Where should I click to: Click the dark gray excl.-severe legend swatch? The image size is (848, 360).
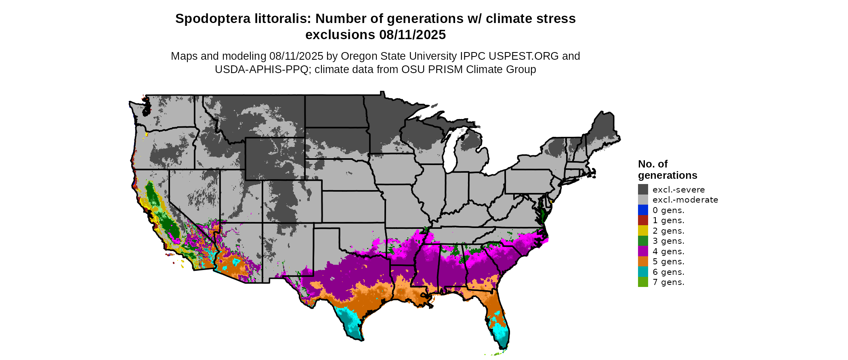coord(643,189)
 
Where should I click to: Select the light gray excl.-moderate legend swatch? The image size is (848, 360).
coord(643,200)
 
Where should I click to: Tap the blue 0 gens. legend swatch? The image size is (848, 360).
coord(643,210)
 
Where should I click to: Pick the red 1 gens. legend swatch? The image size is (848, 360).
coord(643,220)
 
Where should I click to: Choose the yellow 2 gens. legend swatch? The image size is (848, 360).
coord(643,230)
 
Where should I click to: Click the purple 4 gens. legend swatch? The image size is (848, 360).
coord(643,251)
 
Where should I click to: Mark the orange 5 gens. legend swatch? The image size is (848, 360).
coord(643,262)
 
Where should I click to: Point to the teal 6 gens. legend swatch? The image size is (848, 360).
coord(643,272)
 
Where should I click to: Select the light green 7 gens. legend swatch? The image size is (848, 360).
coord(643,282)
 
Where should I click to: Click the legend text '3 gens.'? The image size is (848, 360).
coord(668,241)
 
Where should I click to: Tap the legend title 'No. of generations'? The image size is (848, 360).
coord(667,170)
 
